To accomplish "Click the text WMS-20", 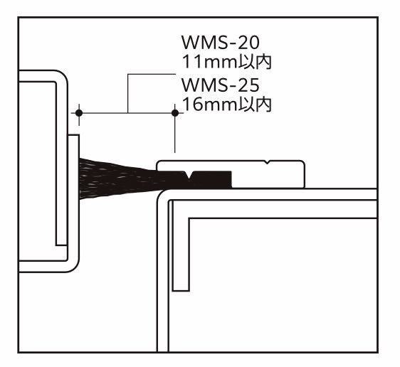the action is point(220,43).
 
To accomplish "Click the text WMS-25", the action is point(220,85).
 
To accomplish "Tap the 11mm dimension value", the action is point(209,62).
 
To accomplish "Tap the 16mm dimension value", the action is point(209,105).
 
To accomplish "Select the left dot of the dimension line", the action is point(79,112).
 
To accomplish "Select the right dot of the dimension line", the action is point(175,112).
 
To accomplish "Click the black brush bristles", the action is point(117,179).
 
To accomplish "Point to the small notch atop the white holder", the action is point(267,162).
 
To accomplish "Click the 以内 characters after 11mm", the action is point(254,62).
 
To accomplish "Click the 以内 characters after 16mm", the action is point(254,105).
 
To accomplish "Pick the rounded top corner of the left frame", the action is point(62,76).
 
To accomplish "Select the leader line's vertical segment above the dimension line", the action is point(127,93).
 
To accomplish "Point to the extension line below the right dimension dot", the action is point(175,134).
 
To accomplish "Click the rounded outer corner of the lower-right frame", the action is point(162,194).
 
